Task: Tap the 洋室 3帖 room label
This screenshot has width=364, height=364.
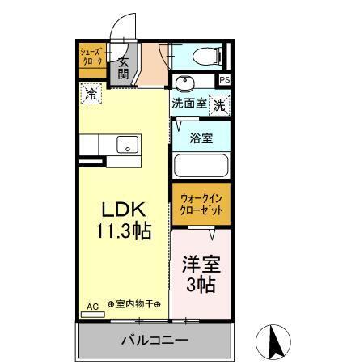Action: (x=199, y=274)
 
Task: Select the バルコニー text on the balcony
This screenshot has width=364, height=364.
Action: (x=154, y=341)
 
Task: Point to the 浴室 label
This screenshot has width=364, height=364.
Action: (x=201, y=138)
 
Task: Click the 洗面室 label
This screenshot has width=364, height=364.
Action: (x=188, y=104)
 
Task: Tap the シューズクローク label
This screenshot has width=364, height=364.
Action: (x=91, y=57)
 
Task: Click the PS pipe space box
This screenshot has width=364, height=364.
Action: (x=225, y=80)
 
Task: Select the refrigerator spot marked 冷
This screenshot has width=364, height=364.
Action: (x=91, y=95)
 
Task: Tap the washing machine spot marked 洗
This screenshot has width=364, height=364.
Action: (x=219, y=104)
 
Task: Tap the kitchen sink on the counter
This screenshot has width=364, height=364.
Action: (x=128, y=146)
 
